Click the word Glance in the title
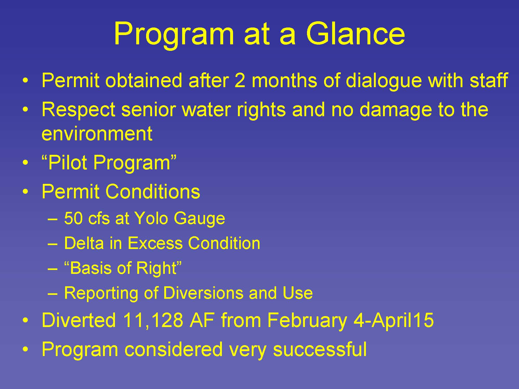coord(355,34)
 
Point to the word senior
coord(148,109)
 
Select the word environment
coord(97,134)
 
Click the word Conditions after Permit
coord(153,192)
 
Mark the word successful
coord(320,349)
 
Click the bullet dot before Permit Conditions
coord(25,192)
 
